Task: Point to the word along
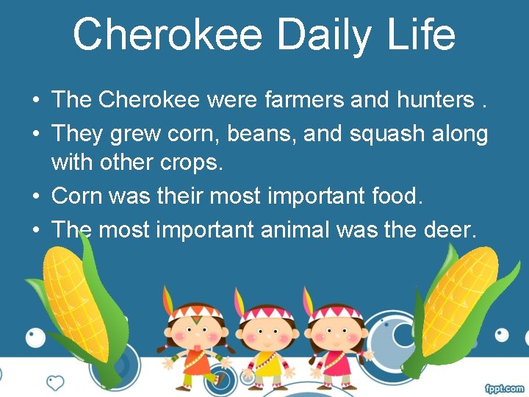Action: coord(459,135)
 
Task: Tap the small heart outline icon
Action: coord(55,382)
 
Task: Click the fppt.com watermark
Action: coord(504,388)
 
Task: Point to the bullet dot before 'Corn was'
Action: coord(35,197)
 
